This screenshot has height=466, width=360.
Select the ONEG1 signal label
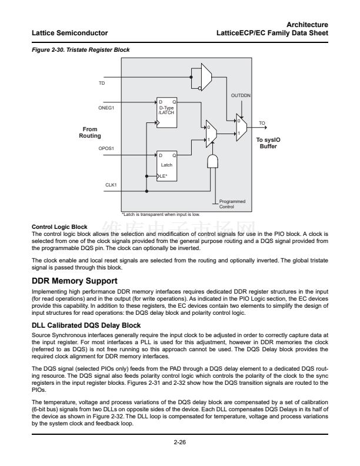point(106,108)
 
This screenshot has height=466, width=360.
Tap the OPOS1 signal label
point(106,149)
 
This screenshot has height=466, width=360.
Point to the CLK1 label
point(111,185)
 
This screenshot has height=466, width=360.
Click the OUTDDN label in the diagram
point(241,95)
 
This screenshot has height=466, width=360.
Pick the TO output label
point(262,123)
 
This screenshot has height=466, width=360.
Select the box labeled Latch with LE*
point(166,165)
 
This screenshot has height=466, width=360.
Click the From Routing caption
point(90,132)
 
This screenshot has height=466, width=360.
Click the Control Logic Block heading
point(59,227)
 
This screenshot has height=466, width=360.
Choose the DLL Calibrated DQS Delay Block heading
point(86,325)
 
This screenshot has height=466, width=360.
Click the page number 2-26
point(180,443)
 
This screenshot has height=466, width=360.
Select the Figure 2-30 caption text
point(81,50)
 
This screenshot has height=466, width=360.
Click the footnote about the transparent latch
point(160,214)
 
